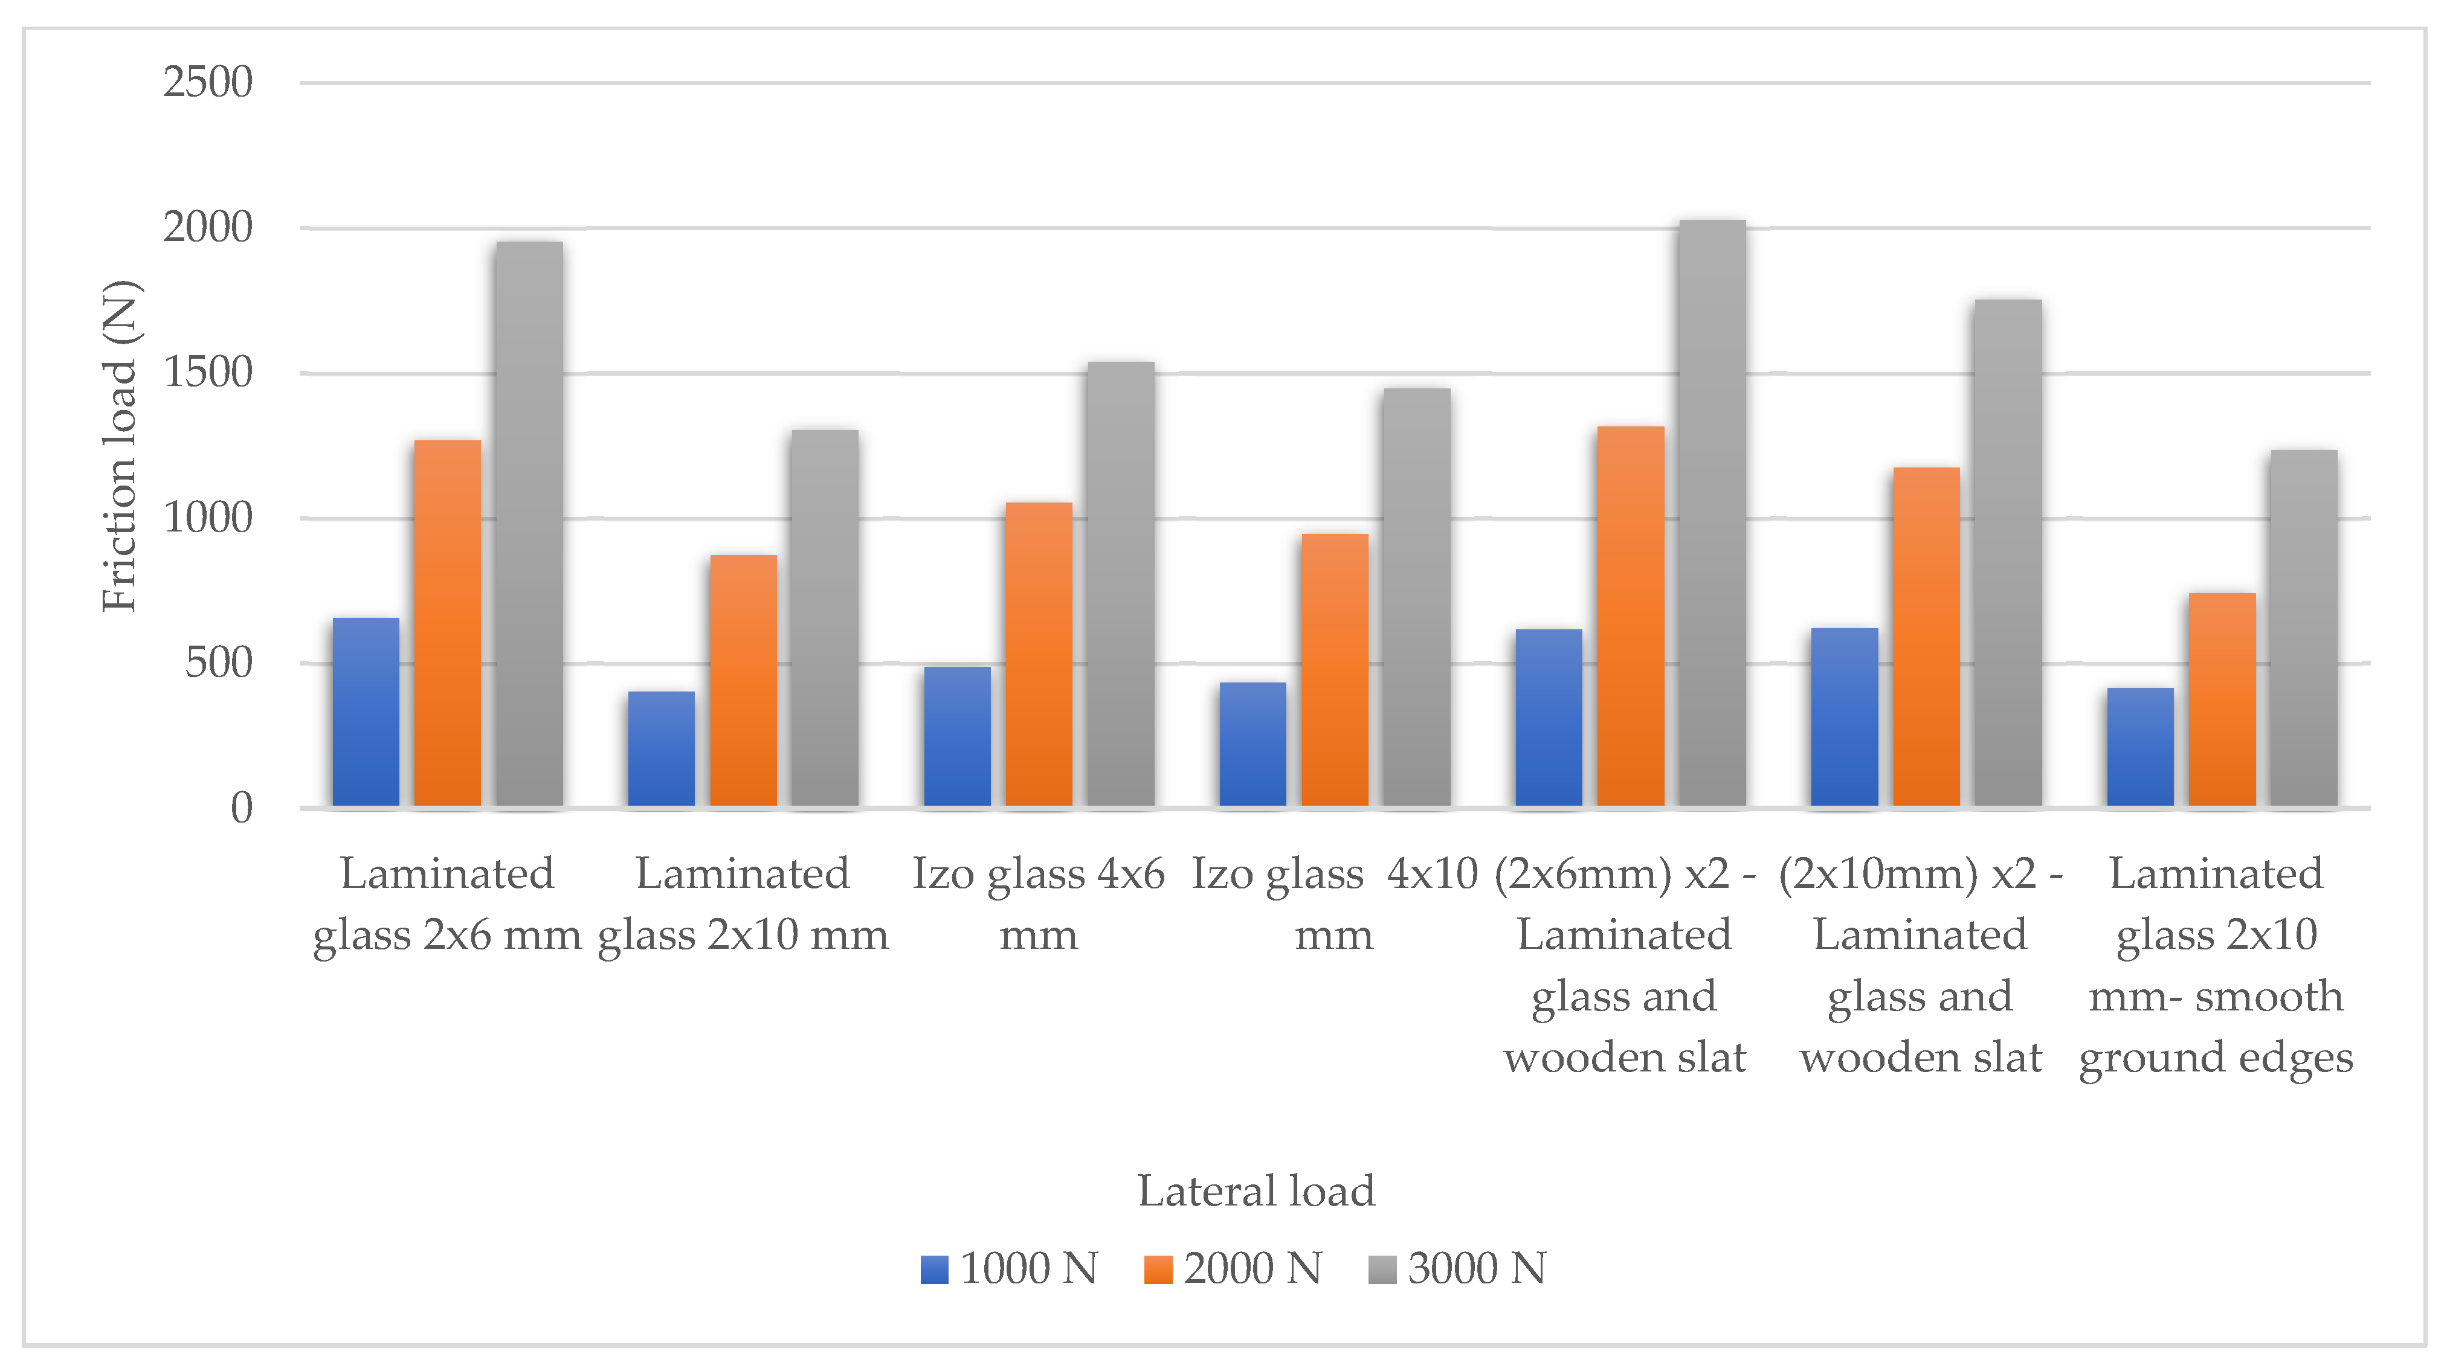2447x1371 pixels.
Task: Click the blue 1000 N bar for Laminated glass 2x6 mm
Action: (x=366, y=712)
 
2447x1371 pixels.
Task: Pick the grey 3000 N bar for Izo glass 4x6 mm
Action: (x=1121, y=584)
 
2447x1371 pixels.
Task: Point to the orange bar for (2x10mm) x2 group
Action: (x=1926, y=636)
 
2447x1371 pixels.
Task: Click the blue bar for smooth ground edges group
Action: (x=2140, y=747)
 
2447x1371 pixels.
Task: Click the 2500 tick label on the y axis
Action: (x=207, y=83)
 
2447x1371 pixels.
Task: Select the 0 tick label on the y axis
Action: (x=241, y=809)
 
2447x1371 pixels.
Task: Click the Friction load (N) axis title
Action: (x=121, y=446)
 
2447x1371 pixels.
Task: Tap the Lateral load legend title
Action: (x=1256, y=1190)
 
